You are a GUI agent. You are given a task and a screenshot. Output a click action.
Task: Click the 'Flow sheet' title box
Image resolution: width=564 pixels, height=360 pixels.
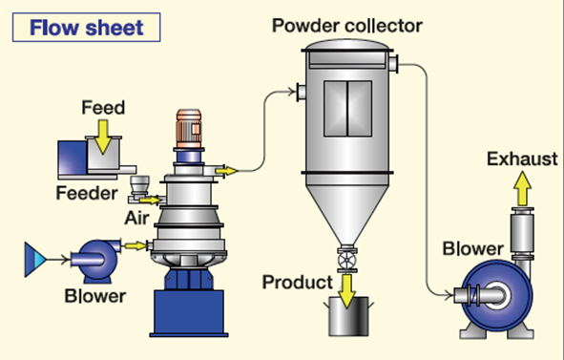tap(86, 28)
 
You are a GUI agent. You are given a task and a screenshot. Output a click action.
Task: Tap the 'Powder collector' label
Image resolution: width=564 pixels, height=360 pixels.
tap(347, 26)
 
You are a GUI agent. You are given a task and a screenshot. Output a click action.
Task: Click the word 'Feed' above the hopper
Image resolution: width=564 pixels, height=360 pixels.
tap(103, 107)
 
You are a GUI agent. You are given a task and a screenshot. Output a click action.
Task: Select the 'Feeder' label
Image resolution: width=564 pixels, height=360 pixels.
tap(87, 193)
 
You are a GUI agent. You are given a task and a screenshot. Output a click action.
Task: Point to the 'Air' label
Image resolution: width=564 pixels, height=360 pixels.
tap(136, 218)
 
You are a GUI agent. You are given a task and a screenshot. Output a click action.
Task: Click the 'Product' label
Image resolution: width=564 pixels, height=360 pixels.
tap(298, 283)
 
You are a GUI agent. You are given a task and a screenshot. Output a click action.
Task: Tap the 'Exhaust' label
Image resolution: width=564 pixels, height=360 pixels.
tap(522, 159)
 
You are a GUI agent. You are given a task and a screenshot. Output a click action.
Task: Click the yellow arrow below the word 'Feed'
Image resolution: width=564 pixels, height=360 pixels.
tap(103, 137)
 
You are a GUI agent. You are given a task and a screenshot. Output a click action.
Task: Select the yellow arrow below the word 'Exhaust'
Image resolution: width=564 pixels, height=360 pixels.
tap(522, 189)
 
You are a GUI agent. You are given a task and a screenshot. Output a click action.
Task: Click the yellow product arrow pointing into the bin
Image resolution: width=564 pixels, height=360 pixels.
tap(347, 291)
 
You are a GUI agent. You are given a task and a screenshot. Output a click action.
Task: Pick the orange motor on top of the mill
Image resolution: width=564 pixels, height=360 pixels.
tap(189, 129)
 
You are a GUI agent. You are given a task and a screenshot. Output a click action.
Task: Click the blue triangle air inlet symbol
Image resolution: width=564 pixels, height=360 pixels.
tap(35, 260)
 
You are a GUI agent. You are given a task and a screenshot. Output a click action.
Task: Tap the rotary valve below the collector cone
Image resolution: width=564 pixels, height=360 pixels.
tap(347, 259)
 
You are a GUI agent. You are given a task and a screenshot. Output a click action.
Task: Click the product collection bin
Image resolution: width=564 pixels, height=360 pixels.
tap(348, 317)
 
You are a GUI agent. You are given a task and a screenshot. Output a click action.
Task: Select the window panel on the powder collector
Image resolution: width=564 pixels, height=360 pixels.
tap(347, 109)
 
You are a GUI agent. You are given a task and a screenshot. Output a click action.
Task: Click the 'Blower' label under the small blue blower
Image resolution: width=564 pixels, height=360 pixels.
tap(95, 296)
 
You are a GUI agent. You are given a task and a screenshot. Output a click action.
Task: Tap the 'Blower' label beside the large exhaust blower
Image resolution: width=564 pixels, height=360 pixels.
tap(473, 249)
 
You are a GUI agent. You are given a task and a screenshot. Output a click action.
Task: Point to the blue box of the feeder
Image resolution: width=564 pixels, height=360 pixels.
tap(73, 157)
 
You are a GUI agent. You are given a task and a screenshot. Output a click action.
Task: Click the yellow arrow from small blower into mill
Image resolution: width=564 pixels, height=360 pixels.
tap(136, 246)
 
